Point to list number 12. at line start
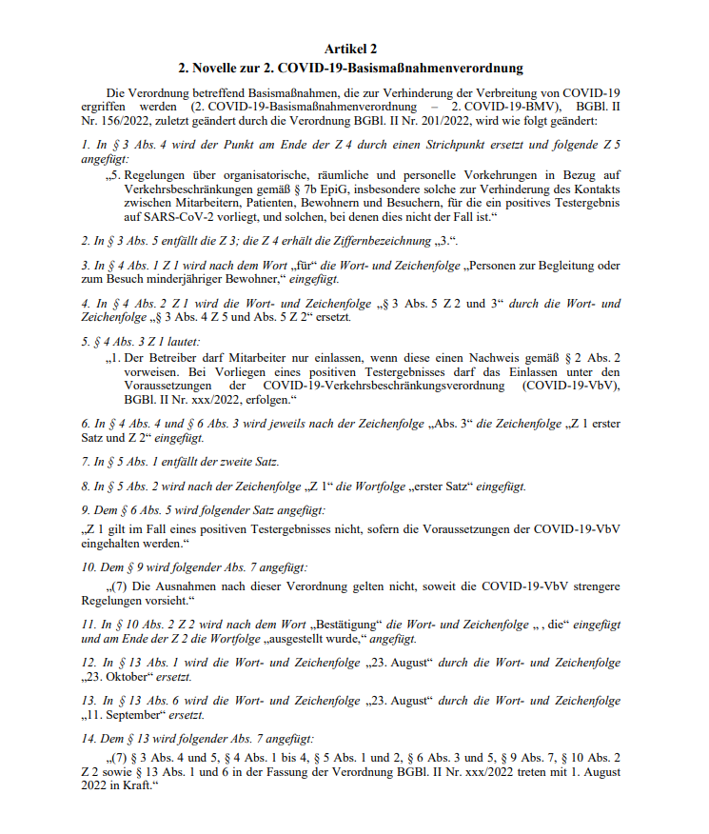point(88,663)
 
